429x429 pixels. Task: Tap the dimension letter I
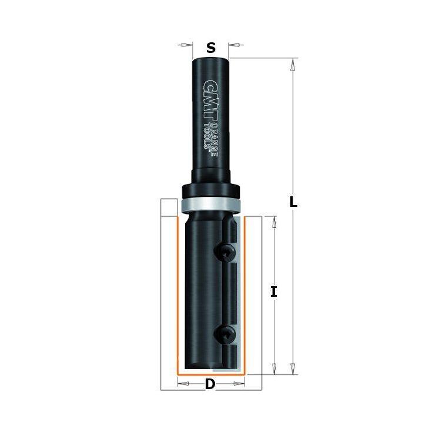[274, 291]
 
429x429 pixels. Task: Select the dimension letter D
[210, 384]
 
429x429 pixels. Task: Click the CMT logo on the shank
[210, 100]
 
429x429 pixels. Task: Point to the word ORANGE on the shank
[214, 139]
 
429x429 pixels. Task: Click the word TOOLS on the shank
[208, 136]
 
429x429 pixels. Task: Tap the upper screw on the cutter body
[225, 253]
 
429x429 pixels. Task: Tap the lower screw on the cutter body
[225, 335]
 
